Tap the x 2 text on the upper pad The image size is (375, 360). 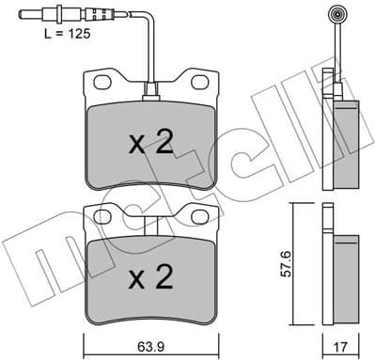(150, 143)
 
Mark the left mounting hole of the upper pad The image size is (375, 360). (101, 84)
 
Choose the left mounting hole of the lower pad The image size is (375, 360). (101, 217)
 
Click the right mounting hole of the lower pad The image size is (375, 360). (198, 217)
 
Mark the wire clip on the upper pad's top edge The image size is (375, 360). (149, 94)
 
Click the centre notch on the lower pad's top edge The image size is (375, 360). (149, 225)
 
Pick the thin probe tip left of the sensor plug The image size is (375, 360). (33, 15)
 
